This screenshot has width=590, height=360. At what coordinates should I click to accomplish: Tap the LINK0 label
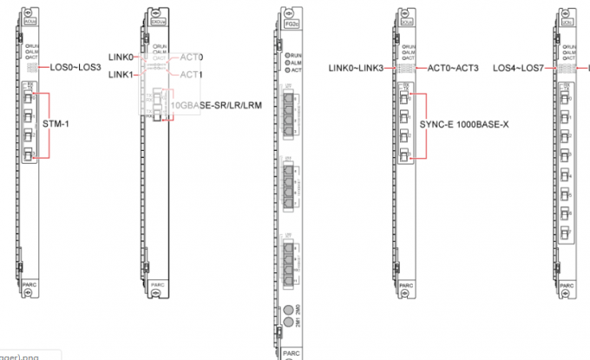(x=121, y=57)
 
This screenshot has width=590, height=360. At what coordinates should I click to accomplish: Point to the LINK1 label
(x=121, y=75)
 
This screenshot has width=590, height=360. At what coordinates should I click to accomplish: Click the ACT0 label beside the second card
(x=192, y=57)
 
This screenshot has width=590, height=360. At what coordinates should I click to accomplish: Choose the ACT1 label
(x=192, y=75)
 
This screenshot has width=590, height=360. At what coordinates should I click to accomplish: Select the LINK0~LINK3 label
(x=357, y=67)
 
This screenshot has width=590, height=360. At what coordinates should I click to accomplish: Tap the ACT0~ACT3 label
(x=452, y=67)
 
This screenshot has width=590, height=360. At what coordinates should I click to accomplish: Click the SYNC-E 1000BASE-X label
(x=463, y=123)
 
